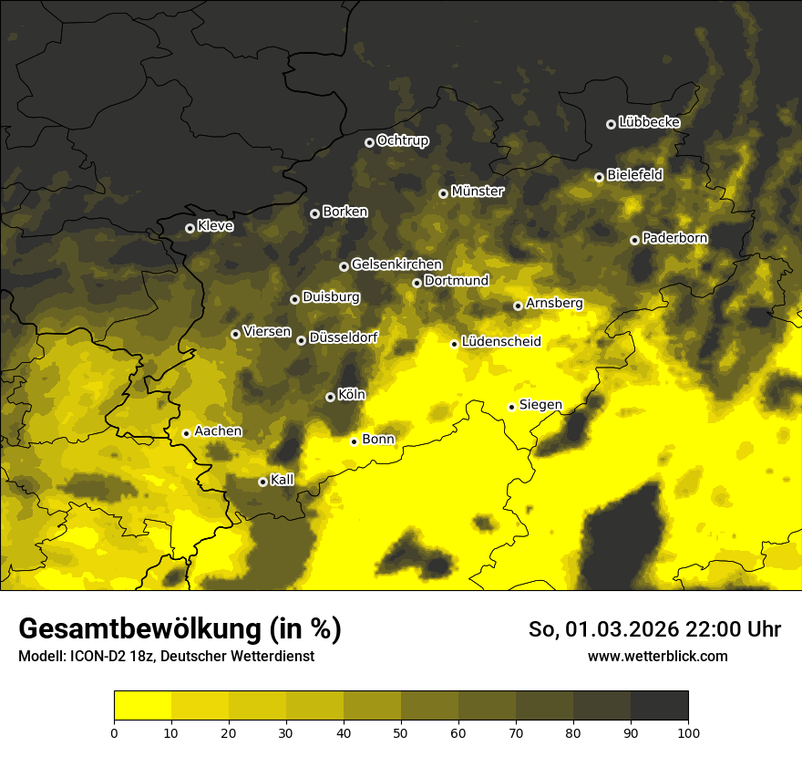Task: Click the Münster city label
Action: click(477, 192)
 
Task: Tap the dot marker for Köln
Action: click(330, 397)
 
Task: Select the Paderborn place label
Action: click(674, 238)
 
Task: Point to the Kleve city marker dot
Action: click(190, 228)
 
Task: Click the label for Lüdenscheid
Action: click(501, 342)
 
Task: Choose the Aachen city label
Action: click(218, 431)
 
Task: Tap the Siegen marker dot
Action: click(511, 407)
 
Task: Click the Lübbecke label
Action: click(649, 122)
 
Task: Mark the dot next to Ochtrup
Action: click(369, 142)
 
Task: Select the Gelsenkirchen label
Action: click(396, 264)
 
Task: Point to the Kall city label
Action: click(283, 480)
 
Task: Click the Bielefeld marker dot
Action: click(599, 177)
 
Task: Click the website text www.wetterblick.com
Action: click(657, 656)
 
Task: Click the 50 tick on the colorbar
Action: click(401, 731)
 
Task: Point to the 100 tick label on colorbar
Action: click(687, 731)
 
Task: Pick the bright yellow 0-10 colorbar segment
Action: click(142, 706)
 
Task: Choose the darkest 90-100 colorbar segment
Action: click(659, 706)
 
